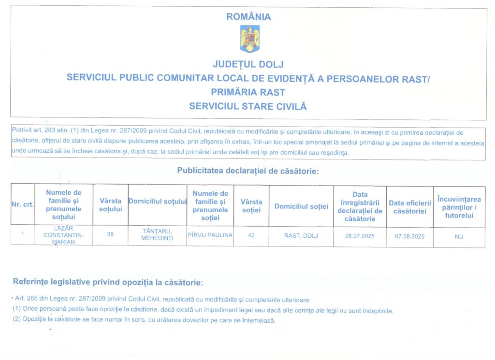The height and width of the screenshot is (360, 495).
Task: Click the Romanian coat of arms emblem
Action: (249, 39)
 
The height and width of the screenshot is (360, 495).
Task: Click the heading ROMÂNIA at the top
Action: (248, 17)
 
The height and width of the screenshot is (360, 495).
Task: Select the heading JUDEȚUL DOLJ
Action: (248, 64)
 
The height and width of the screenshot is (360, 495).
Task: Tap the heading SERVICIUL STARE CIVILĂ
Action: (248, 106)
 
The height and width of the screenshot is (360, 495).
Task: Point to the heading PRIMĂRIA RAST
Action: (248, 92)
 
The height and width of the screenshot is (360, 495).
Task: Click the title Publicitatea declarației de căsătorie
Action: (248, 171)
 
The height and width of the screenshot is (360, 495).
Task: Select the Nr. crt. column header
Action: (22, 205)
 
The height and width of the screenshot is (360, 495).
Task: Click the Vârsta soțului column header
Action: (110, 205)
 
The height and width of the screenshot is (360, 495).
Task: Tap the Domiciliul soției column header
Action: (301, 206)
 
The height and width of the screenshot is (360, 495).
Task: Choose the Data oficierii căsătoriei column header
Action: (409, 207)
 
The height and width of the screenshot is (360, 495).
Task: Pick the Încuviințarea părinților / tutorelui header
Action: (459, 207)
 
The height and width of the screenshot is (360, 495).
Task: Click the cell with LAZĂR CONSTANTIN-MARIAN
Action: (63, 235)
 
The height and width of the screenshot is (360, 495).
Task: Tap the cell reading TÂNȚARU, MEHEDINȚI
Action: (157, 235)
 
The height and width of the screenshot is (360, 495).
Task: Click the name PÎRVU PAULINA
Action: (210, 235)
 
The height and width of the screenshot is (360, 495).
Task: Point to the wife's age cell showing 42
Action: (251, 235)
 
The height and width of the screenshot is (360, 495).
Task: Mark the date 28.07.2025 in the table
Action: (360, 236)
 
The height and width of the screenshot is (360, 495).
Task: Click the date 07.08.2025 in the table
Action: (409, 236)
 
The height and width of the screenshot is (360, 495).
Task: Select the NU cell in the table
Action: (459, 237)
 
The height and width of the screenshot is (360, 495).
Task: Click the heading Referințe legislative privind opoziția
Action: (108, 282)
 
